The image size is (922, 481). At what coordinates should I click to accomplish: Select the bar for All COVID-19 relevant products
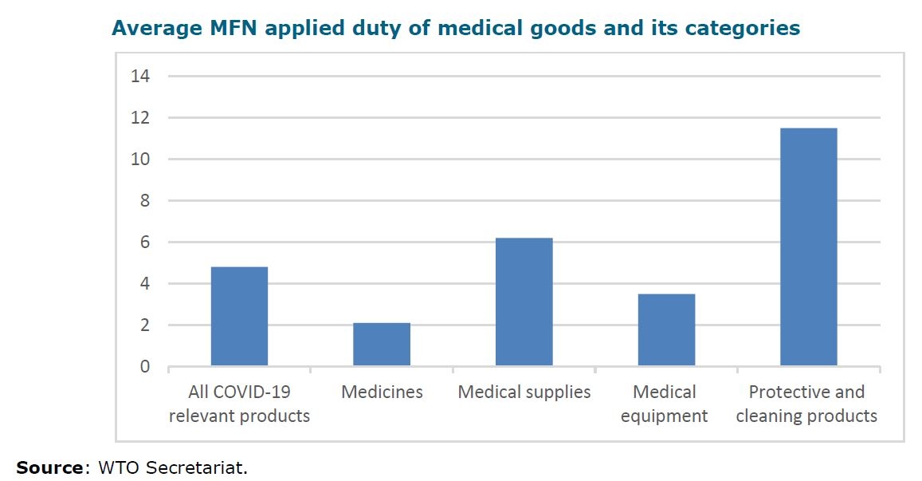239,317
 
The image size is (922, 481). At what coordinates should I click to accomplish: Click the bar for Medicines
382,345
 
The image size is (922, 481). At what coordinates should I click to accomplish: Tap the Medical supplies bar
524,302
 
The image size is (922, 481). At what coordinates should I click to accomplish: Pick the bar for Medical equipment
666,330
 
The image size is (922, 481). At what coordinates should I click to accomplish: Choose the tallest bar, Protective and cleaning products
808,247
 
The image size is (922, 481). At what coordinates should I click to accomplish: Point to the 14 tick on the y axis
142,77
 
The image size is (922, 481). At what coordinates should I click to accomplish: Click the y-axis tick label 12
142,118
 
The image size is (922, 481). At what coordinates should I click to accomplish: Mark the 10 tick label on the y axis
142,160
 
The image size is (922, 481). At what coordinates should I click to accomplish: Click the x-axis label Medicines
382,392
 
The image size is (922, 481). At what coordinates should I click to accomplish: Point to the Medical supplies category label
524,392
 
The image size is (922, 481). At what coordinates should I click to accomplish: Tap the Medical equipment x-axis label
665,404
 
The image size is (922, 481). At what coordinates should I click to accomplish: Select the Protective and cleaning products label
806,404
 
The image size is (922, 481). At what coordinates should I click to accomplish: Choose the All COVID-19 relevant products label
239,404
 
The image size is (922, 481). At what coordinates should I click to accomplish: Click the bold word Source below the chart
49,467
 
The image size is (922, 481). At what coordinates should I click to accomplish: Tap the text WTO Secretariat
172,467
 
